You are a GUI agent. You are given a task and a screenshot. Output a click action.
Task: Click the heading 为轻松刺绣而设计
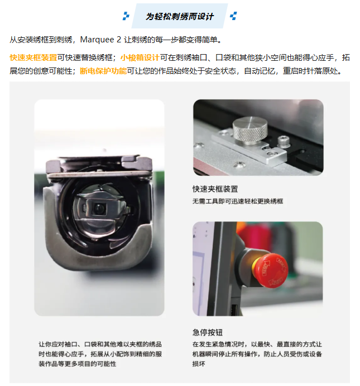(x=180, y=17)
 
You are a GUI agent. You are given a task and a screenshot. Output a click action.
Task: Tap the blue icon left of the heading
(x=126, y=16)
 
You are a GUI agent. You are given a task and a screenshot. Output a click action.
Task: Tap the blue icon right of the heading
(x=233, y=16)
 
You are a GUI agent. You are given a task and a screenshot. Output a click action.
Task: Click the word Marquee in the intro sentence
(x=97, y=40)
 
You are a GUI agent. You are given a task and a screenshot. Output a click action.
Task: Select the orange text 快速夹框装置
(x=33, y=57)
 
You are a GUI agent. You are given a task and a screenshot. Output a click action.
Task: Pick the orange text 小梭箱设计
(x=140, y=57)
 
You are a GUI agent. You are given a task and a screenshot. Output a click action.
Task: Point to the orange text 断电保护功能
(x=103, y=71)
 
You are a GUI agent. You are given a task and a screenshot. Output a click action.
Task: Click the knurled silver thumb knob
(x=250, y=130)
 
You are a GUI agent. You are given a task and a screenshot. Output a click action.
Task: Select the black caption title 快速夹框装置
(x=215, y=189)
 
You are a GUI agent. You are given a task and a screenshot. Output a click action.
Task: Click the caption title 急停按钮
(x=208, y=332)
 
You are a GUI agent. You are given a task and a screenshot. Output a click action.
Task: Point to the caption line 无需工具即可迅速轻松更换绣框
(x=238, y=201)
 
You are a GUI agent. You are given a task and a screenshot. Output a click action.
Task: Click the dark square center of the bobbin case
(x=99, y=209)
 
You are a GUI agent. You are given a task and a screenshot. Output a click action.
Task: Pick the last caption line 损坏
(x=199, y=364)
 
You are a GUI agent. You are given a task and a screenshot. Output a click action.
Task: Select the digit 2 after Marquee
(x=119, y=40)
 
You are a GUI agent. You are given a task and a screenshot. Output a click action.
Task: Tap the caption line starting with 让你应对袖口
(x=100, y=344)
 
